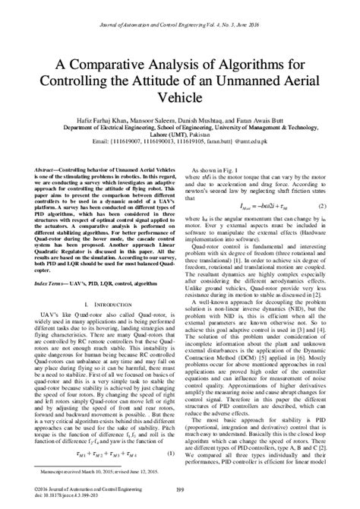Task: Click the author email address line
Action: [x=180, y=141]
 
